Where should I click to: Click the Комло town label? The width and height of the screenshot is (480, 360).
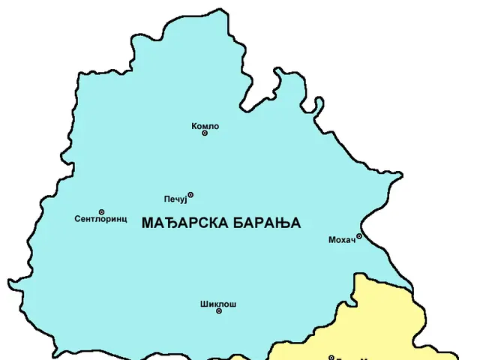point(205,126)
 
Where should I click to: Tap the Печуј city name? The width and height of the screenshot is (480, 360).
point(174,199)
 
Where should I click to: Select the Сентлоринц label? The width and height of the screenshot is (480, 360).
point(100,220)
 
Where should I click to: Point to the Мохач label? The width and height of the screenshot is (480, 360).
point(341,240)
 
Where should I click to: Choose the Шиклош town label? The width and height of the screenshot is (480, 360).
point(218,304)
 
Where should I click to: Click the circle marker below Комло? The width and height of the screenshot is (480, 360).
point(205,133)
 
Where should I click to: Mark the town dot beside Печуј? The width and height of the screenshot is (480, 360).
point(190,195)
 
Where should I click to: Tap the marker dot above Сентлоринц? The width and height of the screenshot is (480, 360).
point(102,212)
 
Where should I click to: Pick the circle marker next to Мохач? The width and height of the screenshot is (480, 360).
point(359,236)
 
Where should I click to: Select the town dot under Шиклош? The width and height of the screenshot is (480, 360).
point(219,311)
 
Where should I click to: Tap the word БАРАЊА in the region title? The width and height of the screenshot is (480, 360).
point(266,223)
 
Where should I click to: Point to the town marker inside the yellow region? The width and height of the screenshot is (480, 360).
point(331,357)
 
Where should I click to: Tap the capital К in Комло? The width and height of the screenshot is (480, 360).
point(194,126)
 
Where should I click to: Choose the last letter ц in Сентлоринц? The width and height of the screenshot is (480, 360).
point(124,220)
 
